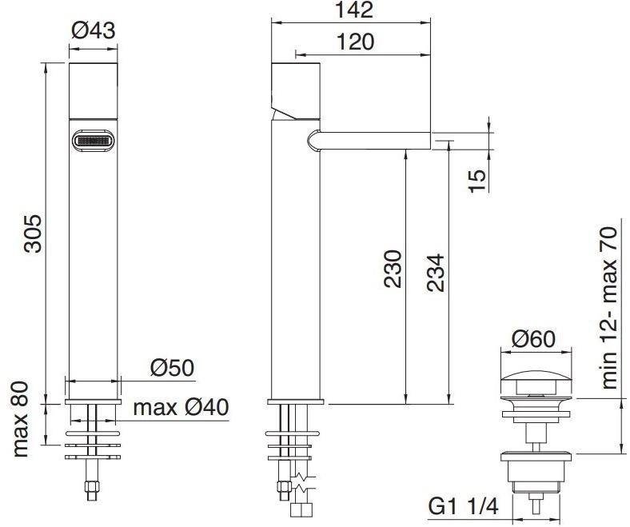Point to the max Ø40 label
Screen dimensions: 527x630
click(181, 407)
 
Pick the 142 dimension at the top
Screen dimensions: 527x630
click(352, 10)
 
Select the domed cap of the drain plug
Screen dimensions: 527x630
click(536, 377)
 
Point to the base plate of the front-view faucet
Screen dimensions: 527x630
click(94, 401)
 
